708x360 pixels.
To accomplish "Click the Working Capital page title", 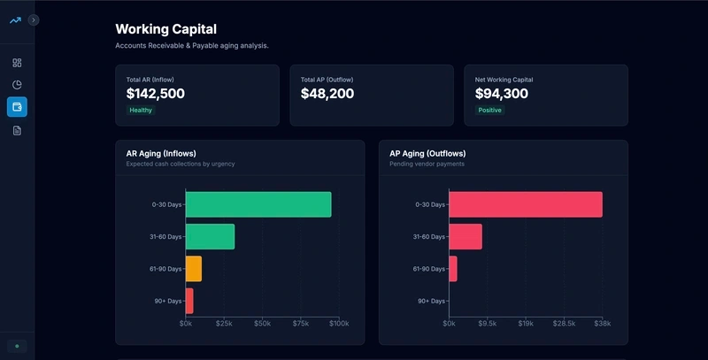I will tap(165, 29).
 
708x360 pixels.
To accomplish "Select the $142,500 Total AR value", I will tap(156, 93).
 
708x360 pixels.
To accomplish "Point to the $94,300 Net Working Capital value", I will tap(502, 93).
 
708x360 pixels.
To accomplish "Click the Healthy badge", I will tap(141, 111).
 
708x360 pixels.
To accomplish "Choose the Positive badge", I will tap(489, 111).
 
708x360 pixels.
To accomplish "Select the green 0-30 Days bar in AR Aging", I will tap(258, 204).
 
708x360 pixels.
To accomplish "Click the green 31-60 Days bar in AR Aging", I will tap(210, 236).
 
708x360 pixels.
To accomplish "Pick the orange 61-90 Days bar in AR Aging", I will tap(194, 269).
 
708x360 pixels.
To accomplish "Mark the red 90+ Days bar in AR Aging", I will tap(189, 301).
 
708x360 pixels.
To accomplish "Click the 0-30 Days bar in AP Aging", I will tap(526, 204).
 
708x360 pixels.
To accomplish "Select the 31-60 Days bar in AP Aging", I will tap(466, 236).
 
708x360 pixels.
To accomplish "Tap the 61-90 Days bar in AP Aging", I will tap(453, 269).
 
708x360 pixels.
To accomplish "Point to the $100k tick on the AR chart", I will tap(339, 324).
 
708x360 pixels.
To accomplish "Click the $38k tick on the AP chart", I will tap(603, 324).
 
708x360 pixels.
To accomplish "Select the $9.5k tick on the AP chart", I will tap(488, 324).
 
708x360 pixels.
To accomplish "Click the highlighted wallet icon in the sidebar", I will tap(17, 107).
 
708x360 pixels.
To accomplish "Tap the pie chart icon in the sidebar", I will tap(17, 85).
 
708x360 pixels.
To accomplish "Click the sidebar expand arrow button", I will tap(34, 19).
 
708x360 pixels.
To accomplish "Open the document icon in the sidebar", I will tap(17, 130).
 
